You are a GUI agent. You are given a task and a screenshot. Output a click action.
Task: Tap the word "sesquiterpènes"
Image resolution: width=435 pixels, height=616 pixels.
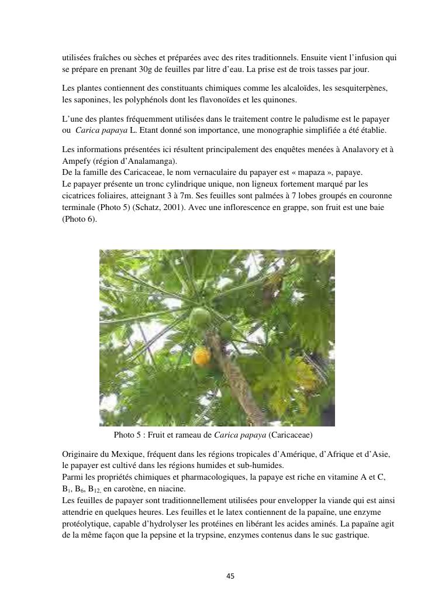(x=355, y=88)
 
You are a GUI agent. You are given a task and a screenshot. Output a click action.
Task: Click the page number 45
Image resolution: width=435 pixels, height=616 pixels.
(x=230, y=576)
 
